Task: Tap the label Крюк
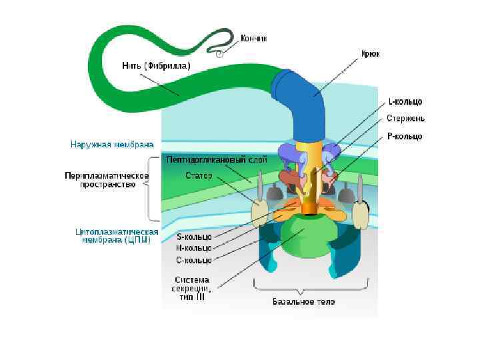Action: coord(370,53)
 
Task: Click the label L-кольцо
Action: coord(405,102)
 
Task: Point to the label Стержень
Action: coord(405,119)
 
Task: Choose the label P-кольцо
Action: coord(405,136)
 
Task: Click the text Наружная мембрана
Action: coord(112,143)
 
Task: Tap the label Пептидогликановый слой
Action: coord(217,160)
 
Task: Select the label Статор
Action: coord(199,176)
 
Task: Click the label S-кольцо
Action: coord(193,237)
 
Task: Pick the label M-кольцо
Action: coord(193,248)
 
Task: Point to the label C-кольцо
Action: coord(193,259)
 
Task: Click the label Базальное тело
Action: coord(304,301)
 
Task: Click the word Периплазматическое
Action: coord(107,176)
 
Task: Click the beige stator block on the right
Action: coord(361,215)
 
